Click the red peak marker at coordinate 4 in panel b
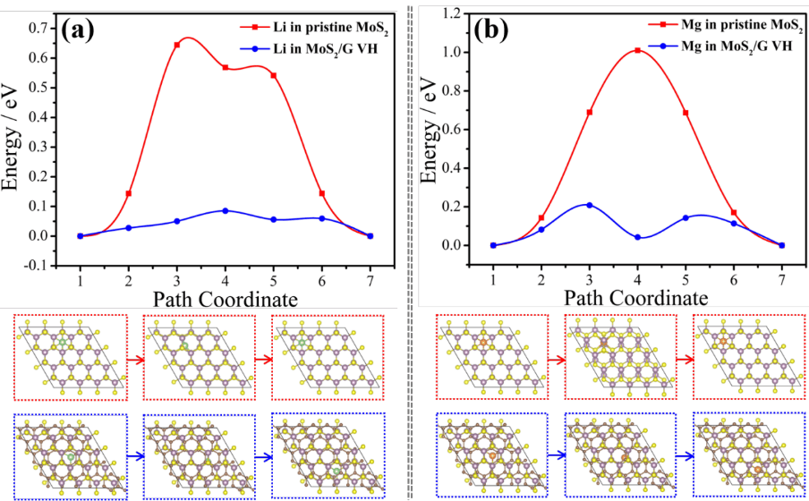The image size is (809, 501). (x=637, y=50)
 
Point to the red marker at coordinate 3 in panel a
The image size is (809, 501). (x=176, y=45)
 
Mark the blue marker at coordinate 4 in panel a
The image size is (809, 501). (x=225, y=210)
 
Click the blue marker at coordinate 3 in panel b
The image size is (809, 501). (x=589, y=205)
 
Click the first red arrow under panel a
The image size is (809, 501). (x=133, y=358)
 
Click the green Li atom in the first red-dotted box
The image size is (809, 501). (x=62, y=343)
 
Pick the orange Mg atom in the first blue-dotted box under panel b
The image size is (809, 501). (x=490, y=456)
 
